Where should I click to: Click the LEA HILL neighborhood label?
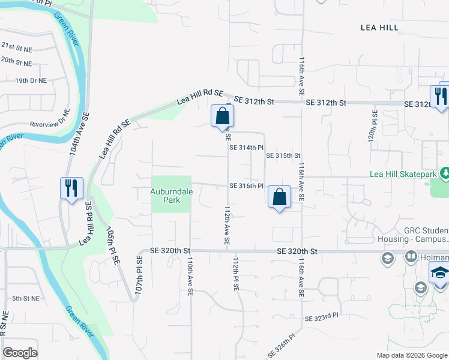(384, 27)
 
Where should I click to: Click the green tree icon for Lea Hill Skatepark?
(444, 173)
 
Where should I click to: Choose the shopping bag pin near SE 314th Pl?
(221, 116)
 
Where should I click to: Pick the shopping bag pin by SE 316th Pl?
(279, 197)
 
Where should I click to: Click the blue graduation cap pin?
(440, 272)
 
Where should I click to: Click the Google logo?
(20, 353)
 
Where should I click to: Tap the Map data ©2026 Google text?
(411, 355)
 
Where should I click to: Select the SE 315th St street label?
(283, 155)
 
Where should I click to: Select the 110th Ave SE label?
(190, 276)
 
